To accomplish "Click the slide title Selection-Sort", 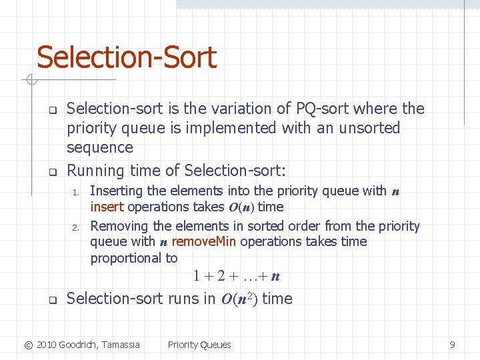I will [x=127, y=57].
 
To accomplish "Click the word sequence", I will [x=100, y=147].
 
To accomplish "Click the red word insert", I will [x=107, y=207].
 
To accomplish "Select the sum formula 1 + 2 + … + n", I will [x=236, y=275].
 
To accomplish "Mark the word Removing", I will [x=119, y=226].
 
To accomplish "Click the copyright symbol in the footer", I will [x=28, y=345].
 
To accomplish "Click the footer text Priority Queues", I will [x=199, y=345].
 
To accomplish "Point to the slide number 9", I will [x=452, y=345].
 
